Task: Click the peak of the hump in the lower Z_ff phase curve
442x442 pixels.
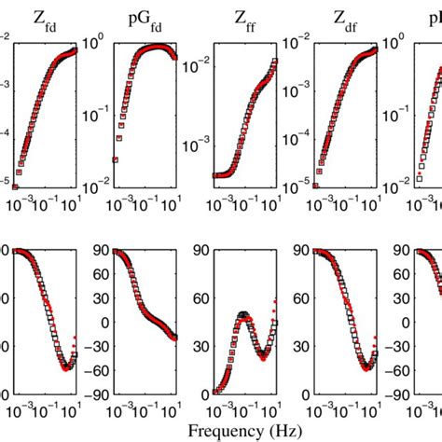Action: point(244,316)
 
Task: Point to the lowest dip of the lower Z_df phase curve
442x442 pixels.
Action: point(370,367)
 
